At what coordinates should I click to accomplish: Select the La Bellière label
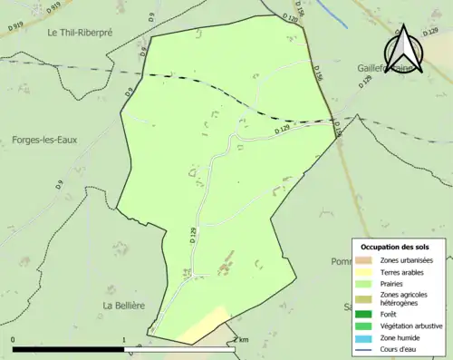(123, 306)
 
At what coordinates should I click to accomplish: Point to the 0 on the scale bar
(13, 340)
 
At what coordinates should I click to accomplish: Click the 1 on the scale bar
(124, 340)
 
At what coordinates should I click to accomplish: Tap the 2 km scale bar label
(239, 340)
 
